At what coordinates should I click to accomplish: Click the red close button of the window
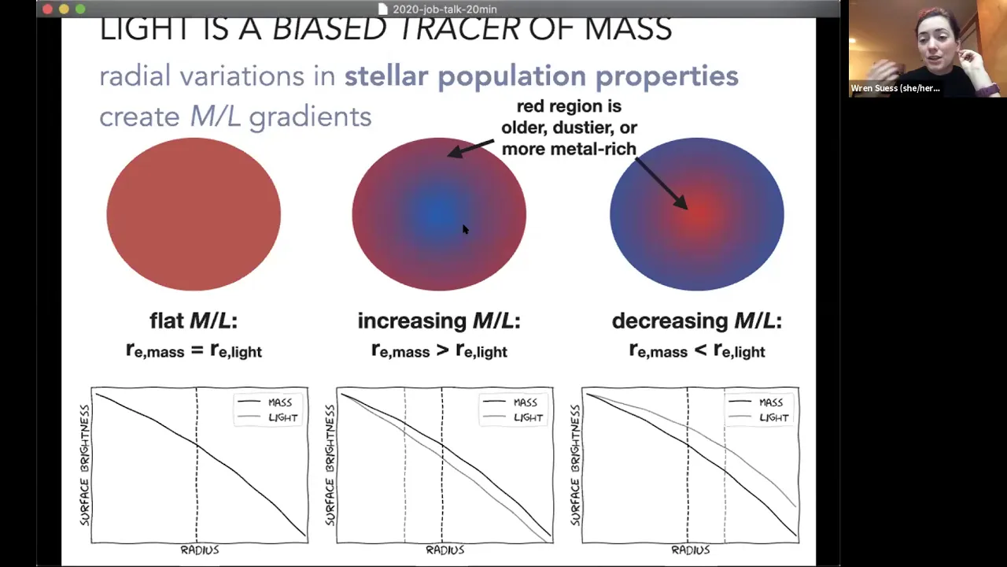(x=48, y=9)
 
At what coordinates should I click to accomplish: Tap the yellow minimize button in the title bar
(x=64, y=9)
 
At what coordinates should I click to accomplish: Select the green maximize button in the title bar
(x=80, y=9)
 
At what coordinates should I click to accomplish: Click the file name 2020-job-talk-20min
(x=444, y=9)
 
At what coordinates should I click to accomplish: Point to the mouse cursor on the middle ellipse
(x=466, y=229)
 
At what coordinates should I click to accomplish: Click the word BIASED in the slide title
(x=330, y=29)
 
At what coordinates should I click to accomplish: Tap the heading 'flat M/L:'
(x=194, y=321)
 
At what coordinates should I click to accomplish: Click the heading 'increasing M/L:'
(x=439, y=321)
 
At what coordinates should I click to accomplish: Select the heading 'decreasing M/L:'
(x=697, y=321)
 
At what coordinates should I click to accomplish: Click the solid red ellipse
(x=194, y=214)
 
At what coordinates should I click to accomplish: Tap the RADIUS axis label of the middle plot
(x=445, y=550)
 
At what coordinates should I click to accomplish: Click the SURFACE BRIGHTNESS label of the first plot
(x=85, y=465)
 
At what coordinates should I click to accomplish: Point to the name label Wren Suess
(x=895, y=88)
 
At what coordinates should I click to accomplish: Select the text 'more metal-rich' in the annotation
(x=569, y=149)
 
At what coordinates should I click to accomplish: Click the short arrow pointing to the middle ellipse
(x=470, y=149)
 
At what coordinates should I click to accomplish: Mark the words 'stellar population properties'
(x=541, y=76)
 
